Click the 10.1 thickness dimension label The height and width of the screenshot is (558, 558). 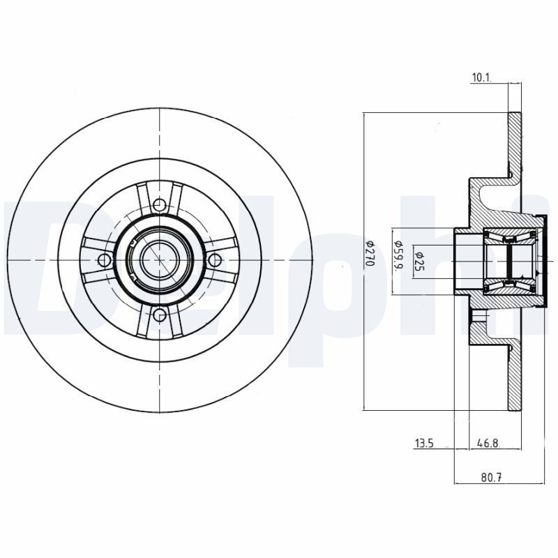[x=481, y=78]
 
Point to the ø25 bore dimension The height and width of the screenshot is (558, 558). [x=421, y=259]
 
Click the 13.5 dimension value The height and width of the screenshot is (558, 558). [x=425, y=443]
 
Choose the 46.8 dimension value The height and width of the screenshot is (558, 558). [x=488, y=443]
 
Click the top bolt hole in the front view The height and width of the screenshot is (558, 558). [x=160, y=205]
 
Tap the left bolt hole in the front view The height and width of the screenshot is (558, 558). [x=105, y=260]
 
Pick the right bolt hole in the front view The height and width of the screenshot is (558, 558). [x=215, y=260]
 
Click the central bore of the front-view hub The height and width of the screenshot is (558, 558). [x=160, y=260]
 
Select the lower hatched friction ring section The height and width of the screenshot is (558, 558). [x=515, y=377]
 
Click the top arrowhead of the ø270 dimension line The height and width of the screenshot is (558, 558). [x=365, y=116]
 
